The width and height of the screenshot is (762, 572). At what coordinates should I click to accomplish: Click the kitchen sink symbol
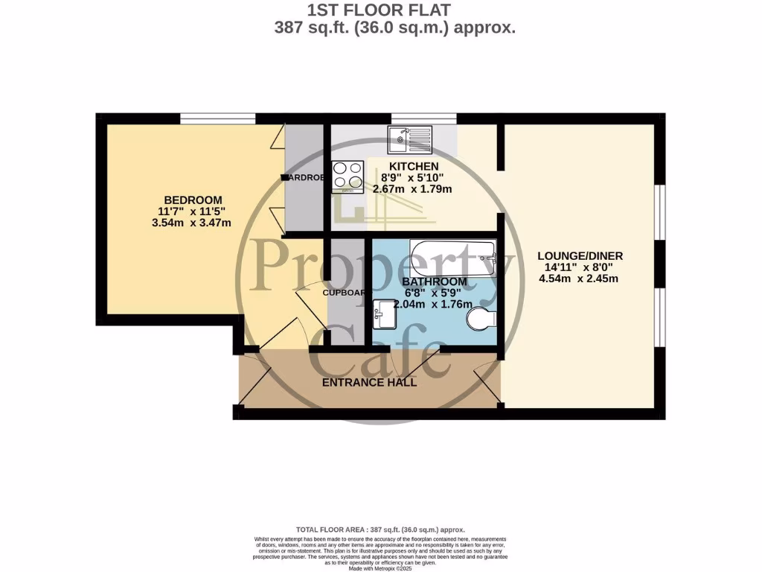pyautogui.click(x=410, y=136)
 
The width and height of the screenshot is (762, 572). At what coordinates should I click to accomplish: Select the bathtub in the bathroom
pyautogui.click(x=452, y=258)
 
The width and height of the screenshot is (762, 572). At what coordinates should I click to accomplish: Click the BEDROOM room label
pyautogui.click(x=193, y=200)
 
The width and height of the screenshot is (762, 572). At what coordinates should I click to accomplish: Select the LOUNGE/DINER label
pyautogui.click(x=580, y=256)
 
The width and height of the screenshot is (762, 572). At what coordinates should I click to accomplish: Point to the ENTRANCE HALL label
pyautogui.click(x=369, y=383)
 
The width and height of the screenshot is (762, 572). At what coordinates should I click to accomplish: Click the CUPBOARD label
pyautogui.click(x=343, y=293)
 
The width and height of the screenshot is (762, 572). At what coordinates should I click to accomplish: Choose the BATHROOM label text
pyautogui.click(x=435, y=282)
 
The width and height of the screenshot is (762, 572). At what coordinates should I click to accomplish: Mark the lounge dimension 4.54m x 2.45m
pyautogui.click(x=580, y=279)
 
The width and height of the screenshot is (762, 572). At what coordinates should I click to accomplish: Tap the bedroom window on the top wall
pyautogui.click(x=218, y=118)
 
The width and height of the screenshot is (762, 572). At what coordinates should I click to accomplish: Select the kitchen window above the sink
pyautogui.click(x=423, y=118)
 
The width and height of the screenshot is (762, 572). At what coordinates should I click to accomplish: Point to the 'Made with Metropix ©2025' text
pyautogui.click(x=380, y=568)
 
